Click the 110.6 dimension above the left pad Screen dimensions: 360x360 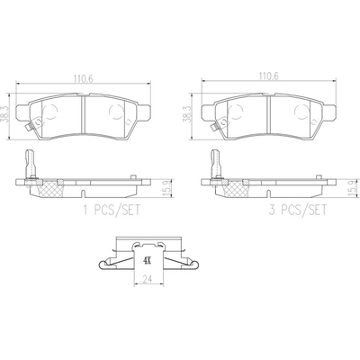(84, 78)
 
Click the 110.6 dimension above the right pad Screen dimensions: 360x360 (268, 76)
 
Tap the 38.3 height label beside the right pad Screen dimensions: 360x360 (187, 114)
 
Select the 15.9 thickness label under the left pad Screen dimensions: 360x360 (166, 188)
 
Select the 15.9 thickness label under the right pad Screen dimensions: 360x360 (352, 188)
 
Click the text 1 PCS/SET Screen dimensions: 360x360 (112, 211)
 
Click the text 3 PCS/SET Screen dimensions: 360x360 (298, 211)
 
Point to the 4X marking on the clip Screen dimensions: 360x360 (147, 261)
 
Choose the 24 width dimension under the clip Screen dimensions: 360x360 (147, 280)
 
